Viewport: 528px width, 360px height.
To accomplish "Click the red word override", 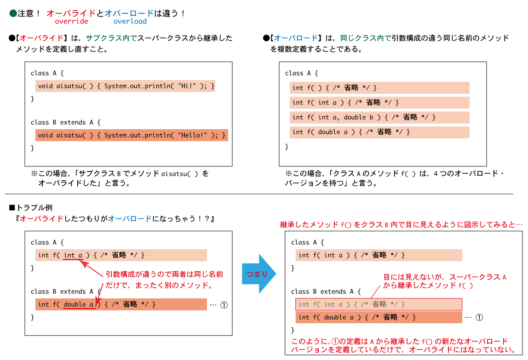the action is point(71,21).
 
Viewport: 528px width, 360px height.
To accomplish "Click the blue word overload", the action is point(130,21).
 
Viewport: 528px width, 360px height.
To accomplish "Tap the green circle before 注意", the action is point(13,13).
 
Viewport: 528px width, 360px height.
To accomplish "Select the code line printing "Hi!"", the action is point(125,86).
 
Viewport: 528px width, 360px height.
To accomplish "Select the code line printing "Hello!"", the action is point(132,135).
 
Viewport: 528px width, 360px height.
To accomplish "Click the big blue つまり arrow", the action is point(259,274).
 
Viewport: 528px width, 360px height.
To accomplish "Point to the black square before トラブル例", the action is point(12,207).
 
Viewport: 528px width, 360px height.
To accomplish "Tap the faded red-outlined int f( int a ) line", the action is point(379,304).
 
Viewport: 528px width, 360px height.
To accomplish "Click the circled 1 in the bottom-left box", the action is point(224,305).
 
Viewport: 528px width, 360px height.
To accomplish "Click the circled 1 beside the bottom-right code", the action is point(479,317).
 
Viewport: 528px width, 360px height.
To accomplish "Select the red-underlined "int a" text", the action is point(73,255).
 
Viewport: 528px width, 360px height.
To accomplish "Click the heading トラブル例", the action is point(34,207).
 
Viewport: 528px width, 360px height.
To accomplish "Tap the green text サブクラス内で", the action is point(111,38).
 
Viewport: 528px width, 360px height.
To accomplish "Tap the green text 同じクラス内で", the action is point(366,38).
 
